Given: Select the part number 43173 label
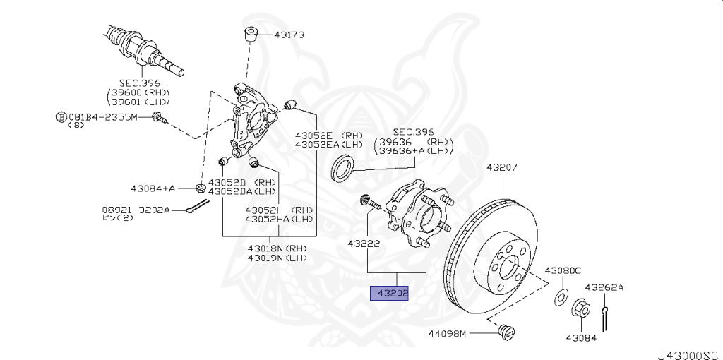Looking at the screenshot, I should pyautogui.click(x=288, y=34).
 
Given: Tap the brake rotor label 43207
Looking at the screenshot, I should pyautogui.click(x=502, y=168).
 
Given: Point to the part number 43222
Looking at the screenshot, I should pyautogui.click(x=364, y=244).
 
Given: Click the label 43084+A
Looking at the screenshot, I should pyautogui.click(x=153, y=188).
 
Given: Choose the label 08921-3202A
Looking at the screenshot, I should pyautogui.click(x=136, y=209).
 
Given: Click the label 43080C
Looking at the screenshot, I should pyautogui.click(x=562, y=270).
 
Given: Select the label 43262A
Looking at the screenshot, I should pyautogui.click(x=604, y=287).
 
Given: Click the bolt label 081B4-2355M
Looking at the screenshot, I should pyautogui.click(x=107, y=116).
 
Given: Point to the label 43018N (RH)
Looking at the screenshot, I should pyautogui.click(x=277, y=248).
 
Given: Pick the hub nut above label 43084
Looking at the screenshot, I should pyautogui.click(x=580, y=308).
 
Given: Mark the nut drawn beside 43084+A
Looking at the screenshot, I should pyautogui.click(x=200, y=188).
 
